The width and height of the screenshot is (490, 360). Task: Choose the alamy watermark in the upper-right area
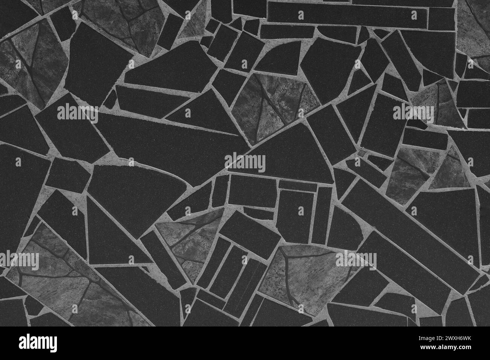tap(413, 112)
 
